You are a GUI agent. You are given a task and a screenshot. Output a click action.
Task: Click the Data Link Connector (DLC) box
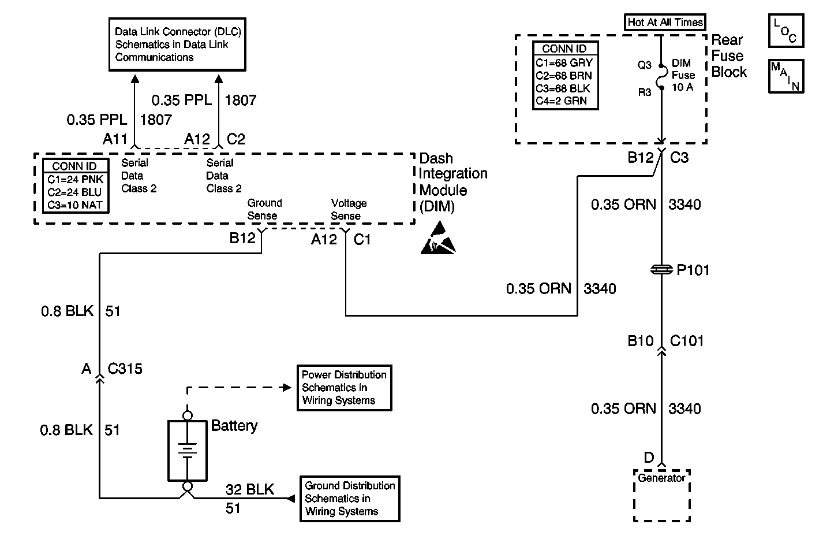[x=177, y=44]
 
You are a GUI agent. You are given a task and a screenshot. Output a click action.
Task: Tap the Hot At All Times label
[x=665, y=22]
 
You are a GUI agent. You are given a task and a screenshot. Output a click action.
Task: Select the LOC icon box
[x=786, y=31]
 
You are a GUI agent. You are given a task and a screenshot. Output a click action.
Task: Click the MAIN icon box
[x=786, y=76]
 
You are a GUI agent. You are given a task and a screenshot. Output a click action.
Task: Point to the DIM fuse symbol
[x=662, y=77]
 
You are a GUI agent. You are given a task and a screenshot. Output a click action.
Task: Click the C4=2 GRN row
[x=561, y=101]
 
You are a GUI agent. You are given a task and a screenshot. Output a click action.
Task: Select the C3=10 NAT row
[x=75, y=205]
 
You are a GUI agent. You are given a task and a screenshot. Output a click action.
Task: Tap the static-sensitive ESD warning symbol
[x=438, y=238]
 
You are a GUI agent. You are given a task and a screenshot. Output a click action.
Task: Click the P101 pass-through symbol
[x=661, y=270]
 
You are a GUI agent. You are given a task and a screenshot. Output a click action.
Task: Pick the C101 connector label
[x=687, y=341]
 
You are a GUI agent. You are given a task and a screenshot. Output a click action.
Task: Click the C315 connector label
[x=125, y=369]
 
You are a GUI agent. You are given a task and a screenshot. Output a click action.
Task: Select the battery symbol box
[x=188, y=451]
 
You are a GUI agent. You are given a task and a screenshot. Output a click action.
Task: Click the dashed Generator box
[x=662, y=495]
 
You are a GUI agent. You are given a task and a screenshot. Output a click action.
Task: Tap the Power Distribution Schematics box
[x=345, y=388]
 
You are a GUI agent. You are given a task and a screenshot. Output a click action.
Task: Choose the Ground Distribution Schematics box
[x=350, y=499]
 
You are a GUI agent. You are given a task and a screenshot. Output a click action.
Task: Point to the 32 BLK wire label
[x=250, y=489]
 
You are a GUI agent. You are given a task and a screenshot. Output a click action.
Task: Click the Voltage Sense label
[x=349, y=209]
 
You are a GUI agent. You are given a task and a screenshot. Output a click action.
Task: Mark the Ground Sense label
[x=264, y=209]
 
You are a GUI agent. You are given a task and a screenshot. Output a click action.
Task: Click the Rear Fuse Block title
[x=729, y=55]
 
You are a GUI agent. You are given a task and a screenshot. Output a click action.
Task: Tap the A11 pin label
[x=115, y=139]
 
